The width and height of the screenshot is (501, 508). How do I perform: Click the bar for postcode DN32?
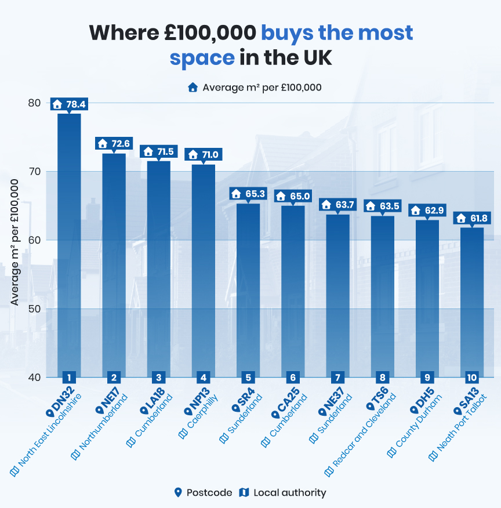(69, 244)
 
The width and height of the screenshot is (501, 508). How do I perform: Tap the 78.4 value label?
(70, 104)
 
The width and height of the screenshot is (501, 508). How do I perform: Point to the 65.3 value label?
(249, 194)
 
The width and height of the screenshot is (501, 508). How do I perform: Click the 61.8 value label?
(472, 218)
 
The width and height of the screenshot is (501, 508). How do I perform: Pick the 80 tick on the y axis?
(35, 103)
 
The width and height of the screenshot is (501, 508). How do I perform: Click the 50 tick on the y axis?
(35, 309)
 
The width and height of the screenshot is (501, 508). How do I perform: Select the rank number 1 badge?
(69, 377)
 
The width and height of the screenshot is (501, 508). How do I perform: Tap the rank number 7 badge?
(337, 377)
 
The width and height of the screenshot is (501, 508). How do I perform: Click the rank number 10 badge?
(471, 377)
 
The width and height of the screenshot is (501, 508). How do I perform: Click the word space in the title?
(202, 58)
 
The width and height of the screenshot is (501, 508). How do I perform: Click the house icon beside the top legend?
(193, 88)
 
